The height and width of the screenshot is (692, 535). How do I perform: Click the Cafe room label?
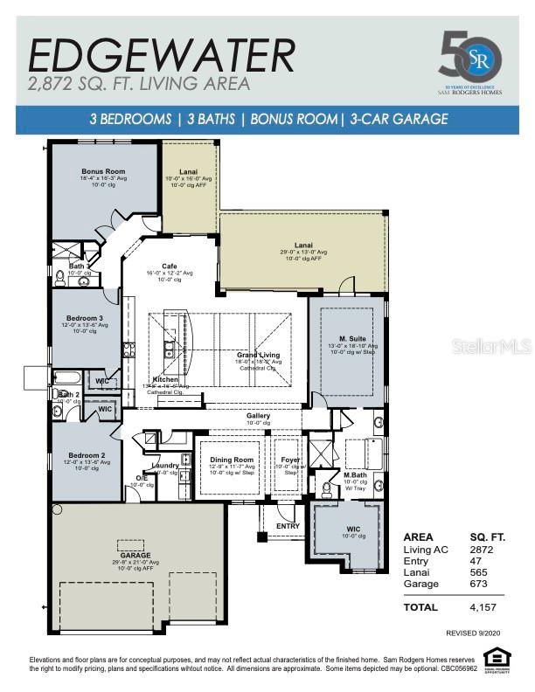(x=170, y=266)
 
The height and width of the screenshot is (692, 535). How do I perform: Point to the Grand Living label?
(x=257, y=356)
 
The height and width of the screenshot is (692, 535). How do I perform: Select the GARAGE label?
(x=135, y=555)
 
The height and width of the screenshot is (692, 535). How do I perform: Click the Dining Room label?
(x=232, y=460)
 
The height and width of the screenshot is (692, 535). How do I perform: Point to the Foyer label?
(x=289, y=460)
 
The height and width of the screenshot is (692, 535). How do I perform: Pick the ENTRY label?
(x=288, y=526)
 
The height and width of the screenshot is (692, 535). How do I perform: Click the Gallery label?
(x=258, y=416)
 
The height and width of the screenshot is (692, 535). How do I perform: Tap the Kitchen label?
(x=166, y=379)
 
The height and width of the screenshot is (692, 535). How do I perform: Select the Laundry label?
(x=165, y=466)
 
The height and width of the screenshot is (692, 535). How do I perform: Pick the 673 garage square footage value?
(x=481, y=583)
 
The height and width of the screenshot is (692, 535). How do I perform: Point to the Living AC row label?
(x=426, y=549)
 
